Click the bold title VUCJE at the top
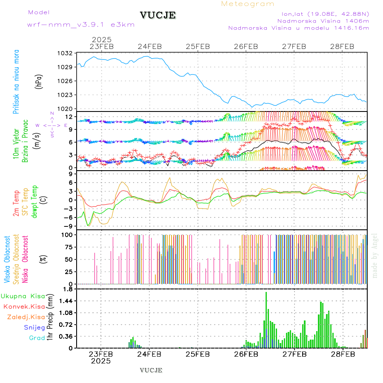click(158, 15)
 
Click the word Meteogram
click(248, 4)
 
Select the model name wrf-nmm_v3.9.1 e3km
click(80, 25)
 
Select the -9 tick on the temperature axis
click(68, 226)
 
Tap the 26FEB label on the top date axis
click(246, 46)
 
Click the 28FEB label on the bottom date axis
click(343, 354)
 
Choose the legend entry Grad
click(37, 338)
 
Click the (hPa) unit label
click(39, 81)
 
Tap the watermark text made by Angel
click(375, 255)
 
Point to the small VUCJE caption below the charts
click(151, 370)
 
